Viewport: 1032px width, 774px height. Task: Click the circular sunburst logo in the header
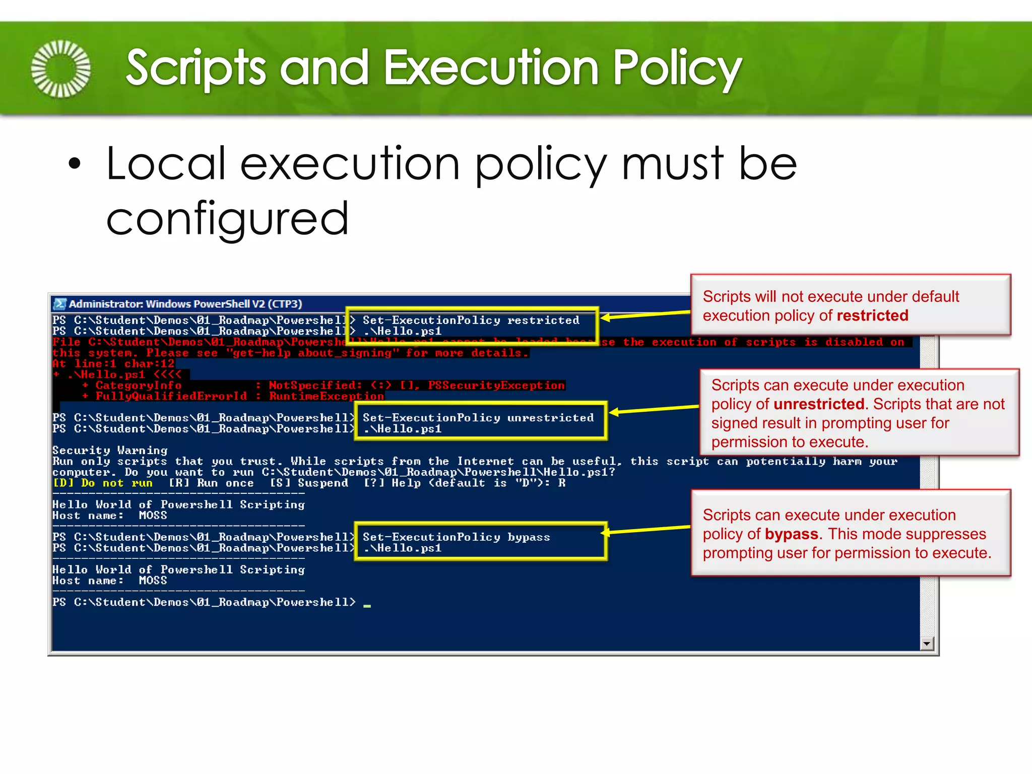point(61,69)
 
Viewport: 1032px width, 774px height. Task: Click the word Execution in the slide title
point(491,68)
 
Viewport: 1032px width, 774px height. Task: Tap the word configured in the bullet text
point(227,218)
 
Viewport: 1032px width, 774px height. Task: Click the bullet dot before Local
point(75,164)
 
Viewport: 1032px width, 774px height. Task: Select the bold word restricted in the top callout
point(872,315)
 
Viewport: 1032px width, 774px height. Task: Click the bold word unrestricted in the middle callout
point(819,404)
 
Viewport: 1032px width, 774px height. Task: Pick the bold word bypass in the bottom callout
point(791,534)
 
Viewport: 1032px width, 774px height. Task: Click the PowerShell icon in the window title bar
point(60,304)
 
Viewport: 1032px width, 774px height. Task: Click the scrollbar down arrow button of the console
point(926,643)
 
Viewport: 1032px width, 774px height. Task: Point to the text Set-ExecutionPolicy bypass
point(456,537)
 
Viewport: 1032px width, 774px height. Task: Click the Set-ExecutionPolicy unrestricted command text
point(478,418)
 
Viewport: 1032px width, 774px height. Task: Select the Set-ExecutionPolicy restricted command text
point(471,320)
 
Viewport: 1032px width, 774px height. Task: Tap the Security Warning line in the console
point(110,450)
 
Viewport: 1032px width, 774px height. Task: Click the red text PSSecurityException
point(496,385)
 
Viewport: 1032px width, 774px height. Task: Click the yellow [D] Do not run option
point(103,483)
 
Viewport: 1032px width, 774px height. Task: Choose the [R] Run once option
point(211,483)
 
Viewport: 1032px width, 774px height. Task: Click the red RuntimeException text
point(327,396)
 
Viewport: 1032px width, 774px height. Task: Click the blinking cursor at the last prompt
point(367,605)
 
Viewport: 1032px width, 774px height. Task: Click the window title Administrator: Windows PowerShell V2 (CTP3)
point(185,304)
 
